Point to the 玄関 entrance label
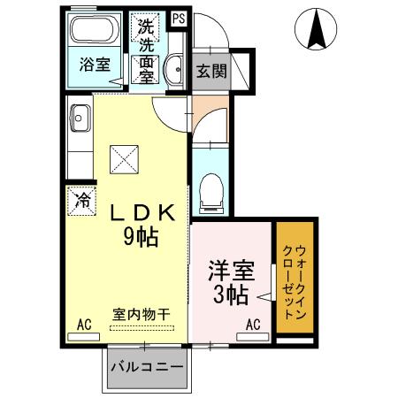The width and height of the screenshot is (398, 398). pos(210,70)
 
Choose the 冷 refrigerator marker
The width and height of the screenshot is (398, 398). pos(81,200)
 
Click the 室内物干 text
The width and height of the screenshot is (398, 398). pos(142,313)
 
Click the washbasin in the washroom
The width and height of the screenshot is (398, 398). pos(175,67)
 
